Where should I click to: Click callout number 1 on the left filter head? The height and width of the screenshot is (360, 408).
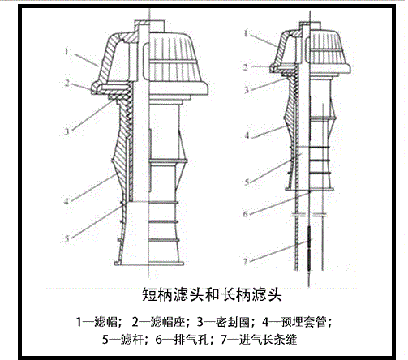click(x=67, y=51)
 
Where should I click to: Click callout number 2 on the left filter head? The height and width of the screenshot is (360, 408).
click(x=67, y=83)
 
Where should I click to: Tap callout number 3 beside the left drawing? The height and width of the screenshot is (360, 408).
click(x=67, y=131)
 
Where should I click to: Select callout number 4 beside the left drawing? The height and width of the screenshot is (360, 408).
click(x=67, y=201)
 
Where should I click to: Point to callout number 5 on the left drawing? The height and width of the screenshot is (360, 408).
click(x=67, y=238)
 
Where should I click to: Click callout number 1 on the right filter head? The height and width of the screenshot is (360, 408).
click(x=246, y=33)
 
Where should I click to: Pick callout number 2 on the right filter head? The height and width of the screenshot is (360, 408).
click(x=246, y=67)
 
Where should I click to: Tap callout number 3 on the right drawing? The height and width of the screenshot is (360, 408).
click(x=246, y=90)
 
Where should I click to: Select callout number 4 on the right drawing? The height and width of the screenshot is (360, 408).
click(x=247, y=135)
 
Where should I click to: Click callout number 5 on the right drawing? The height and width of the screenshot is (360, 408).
click(x=247, y=182)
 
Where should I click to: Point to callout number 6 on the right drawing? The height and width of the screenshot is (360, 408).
click(x=245, y=214)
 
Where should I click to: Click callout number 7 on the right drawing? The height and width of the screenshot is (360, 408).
click(x=245, y=262)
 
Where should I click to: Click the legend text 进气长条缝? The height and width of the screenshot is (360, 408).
click(x=268, y=340)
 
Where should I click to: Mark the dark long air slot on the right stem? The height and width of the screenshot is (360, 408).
click(x=309, y=248)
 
